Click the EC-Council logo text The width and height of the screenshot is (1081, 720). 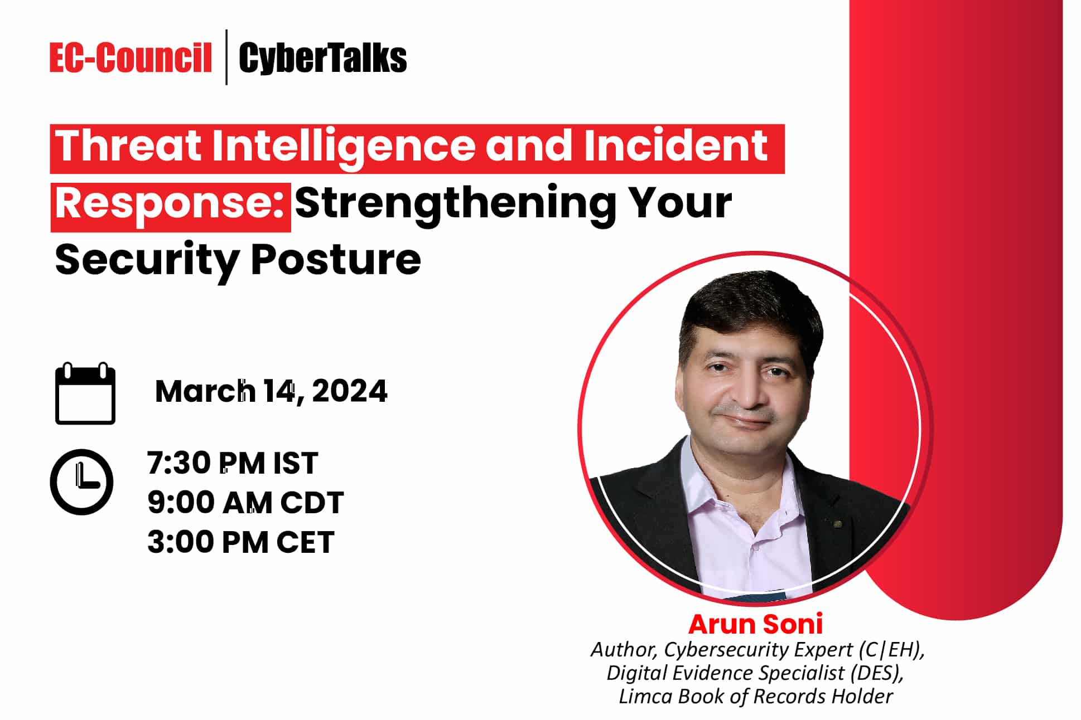pyautogui.click(x=131, y=58)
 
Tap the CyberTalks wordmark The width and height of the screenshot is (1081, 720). pyautogui.click(x=323, y=59)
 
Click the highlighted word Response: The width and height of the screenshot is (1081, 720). pyautogui.click(x=170, y=204)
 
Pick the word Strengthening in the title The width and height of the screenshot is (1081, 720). pyautogui.click(x=455, y=204)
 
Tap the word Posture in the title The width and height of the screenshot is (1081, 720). pyautogui.click(x=336, y=260)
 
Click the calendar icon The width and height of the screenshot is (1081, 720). pyautogui.click(x=85, y=393)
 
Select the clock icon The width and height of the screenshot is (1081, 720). pyautogui.click(x=82, y=482)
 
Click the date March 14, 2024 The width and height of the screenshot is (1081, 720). pyautogui.click(x=271, y=391)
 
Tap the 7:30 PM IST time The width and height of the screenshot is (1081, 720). pyautogui.click(x=233, y=463)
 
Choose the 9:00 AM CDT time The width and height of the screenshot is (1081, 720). pyautogui.click(x=245, y=503)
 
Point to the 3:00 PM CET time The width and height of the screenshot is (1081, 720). pyautogui.click(x=241, y=542)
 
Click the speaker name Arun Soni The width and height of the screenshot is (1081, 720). pyautogui.click(x=756, y=624)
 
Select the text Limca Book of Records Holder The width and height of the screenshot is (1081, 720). pyautogui.click(x=756, y=697)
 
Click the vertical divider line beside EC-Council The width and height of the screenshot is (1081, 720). pyautogui.click(x=226, y=57)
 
